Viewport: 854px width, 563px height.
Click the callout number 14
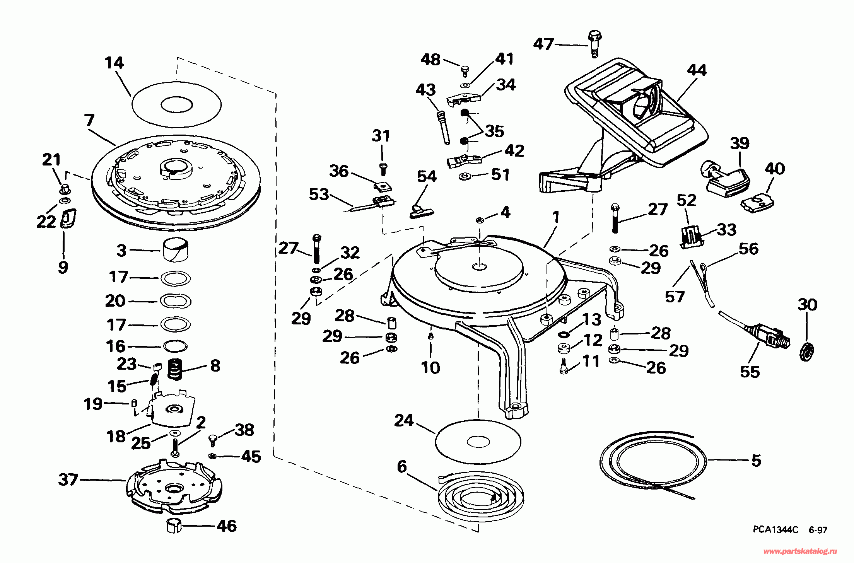[x=114, y=63]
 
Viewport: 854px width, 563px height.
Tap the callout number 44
[x=697, y=70]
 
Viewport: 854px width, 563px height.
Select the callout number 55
[x=750, y=372]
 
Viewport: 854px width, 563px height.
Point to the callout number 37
[x=68, y=480]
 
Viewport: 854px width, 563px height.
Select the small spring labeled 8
[x=174, y=370]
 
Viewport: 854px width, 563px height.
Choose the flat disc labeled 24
[x=478, y=442]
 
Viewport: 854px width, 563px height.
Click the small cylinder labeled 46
[x=174, y=526]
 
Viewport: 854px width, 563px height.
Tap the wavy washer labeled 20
[x=175, y=301]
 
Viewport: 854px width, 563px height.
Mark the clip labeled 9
[x=69, y=219]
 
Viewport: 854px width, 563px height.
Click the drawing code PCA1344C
[x=767, y=530]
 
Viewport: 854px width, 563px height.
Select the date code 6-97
[x=816, y=530]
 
